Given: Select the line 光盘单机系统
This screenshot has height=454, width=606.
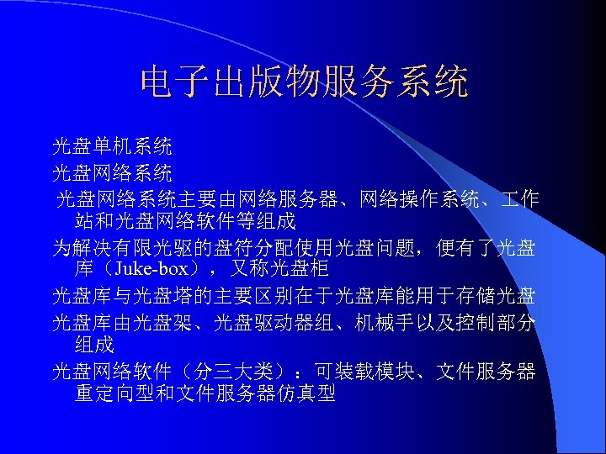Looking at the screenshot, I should pos(112,147).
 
